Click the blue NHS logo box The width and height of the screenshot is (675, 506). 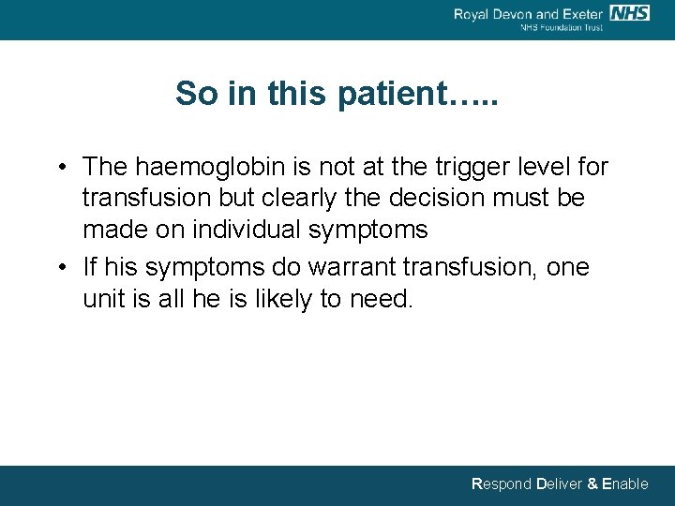(629, 12)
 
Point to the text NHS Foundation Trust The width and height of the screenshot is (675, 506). (562, 27)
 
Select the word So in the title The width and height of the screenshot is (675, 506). (194, 94)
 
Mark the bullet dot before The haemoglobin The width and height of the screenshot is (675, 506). (59, 169)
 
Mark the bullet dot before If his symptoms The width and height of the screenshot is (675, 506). (59, 268)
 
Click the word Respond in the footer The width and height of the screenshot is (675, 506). (501, 484)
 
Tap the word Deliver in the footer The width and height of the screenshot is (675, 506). (559, 484)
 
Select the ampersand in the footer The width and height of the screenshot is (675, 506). (592, 484)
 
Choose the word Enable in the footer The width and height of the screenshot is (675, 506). (624, 484)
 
